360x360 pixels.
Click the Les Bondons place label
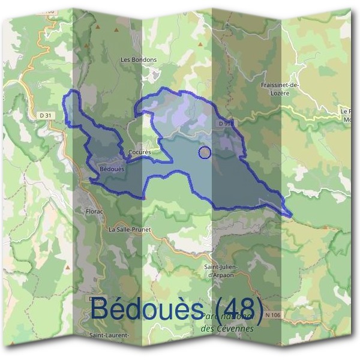click(x=139, y=60)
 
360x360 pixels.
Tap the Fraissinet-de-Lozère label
click(x=276, y=89)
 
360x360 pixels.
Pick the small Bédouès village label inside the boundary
click(x=112, y=169)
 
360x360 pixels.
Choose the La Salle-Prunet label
click(x=130, y=229)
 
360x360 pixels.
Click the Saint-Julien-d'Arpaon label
click(x=221, y=269)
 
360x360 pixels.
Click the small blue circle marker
click(x=205, y=152)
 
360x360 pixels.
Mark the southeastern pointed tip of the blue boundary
click(x=291, y=215)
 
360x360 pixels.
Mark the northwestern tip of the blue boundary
click(x=73, y=91)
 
